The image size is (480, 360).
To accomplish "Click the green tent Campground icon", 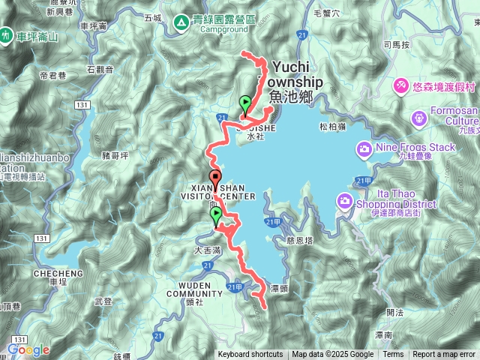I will tap(181, 25).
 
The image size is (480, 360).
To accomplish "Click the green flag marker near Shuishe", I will tap(244, 105).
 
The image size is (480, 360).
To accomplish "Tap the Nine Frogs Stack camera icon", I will tap(364, 148).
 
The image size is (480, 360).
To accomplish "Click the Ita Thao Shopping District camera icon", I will tap(345, 200).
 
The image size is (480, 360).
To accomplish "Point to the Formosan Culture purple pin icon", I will tap(418, 118).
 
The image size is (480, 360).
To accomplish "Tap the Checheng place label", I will tap(52, 274).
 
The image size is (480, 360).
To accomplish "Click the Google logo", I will tap(28, 349).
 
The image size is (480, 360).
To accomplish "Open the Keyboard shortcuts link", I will tap(250, 355).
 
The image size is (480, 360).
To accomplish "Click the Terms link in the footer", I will tap(393, 355).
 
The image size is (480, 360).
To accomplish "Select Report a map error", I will tap(444, 355).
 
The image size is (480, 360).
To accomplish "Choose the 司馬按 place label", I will tap(396, 45).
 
